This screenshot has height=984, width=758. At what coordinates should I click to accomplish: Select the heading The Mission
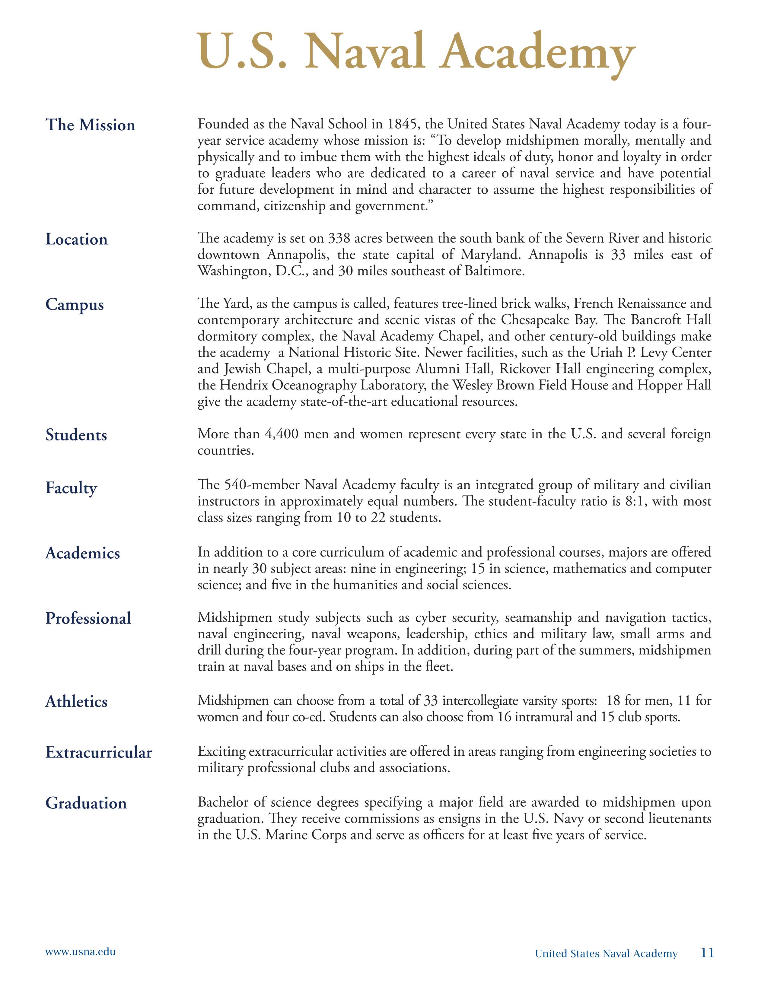tap(90, 125)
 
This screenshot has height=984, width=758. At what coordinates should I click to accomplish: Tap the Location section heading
tap(76, 239)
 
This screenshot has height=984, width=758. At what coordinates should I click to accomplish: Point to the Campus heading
tap(74, 305)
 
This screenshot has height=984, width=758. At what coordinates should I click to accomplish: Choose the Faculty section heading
tap(71, 488)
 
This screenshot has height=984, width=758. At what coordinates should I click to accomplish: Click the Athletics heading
tap(76, 702)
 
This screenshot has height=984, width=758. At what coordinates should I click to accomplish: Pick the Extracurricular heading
tap(99, 752)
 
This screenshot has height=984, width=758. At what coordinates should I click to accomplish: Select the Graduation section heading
tap(86, 803)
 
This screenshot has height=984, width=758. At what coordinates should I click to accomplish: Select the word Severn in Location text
tap(587, 238)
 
